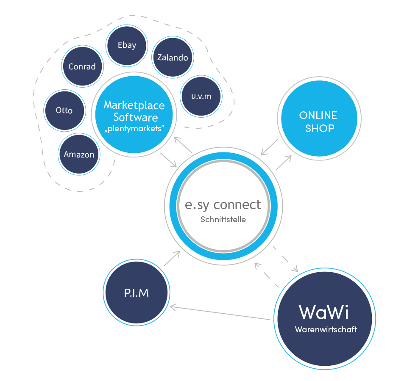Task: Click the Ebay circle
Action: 127,45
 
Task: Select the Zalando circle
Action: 172,58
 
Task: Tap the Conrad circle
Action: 82,66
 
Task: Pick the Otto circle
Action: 64,110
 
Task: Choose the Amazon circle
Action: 79,155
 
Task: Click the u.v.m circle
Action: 201,96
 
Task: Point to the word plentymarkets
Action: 134,129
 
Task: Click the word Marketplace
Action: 134,105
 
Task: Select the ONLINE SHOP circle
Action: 318,121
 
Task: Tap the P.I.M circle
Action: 137,293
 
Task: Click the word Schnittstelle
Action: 223,219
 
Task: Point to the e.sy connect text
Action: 223,204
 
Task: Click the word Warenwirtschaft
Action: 326,329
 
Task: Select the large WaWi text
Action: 324,312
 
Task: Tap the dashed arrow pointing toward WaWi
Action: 285,259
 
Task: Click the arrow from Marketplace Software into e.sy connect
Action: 168,160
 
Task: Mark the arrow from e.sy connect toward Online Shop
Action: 283,163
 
